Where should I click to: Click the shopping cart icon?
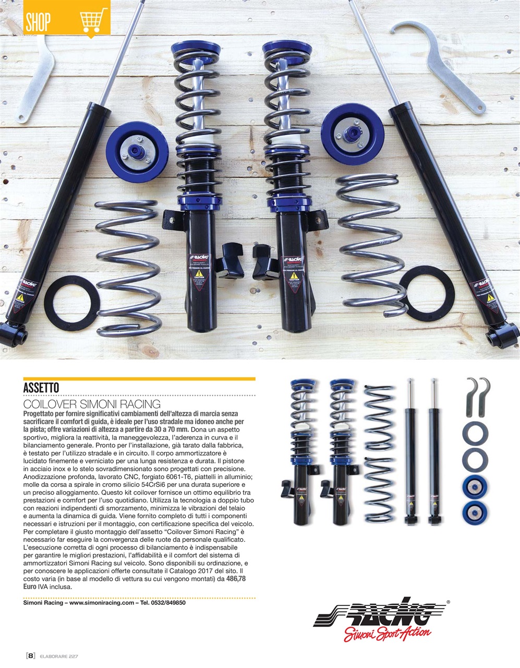pos(93,20)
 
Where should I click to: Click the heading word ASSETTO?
pos(41,388)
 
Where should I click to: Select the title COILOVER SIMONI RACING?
pos(92,404)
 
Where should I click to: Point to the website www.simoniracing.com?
pos(101,603)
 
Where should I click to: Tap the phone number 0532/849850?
pos(168,603)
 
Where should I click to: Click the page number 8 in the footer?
pos(31,656)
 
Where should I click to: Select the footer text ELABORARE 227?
pos(57,656)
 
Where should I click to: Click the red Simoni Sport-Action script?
pos(387,633)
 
